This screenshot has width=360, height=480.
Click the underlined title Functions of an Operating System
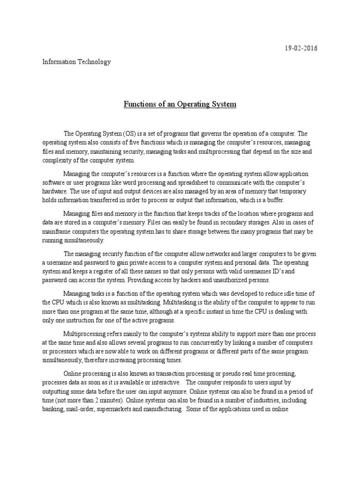click(180, 104)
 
